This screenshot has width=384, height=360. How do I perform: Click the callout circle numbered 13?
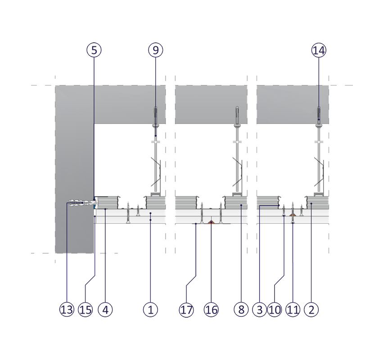pyautogui.click(x=66, y=309)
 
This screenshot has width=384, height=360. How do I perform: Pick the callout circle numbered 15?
pyautogui.click(x=85, y=309)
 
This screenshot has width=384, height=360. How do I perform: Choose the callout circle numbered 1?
pyautogui.click(x=150, y=309)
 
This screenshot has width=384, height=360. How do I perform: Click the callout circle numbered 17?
pyautogui.click(x=186, y=309)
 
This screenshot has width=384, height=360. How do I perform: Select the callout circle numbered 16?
pyautogui.click(x=211, y=309)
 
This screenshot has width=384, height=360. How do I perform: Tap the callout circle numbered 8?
pyautogui.click(x=241, y=309)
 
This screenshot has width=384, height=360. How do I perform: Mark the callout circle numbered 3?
pyautogui.click(x=259, y=309)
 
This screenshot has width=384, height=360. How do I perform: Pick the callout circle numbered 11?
pyautogui.click(x=293, y=309)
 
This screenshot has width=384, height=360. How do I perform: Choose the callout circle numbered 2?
pyautogui.click(x=311, y=309)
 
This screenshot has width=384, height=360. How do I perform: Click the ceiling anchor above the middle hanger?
pyautogui.click(x=237, y=113)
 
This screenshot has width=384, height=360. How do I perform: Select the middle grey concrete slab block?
pyautogui.click(x=211, y=104)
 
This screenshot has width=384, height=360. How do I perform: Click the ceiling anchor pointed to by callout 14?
pyautogui.click(x=319, y=113)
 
